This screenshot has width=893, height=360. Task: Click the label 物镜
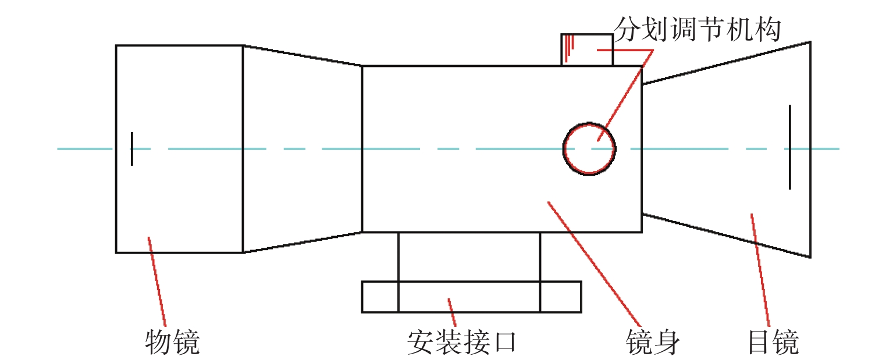coord(172,342)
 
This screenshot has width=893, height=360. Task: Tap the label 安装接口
coord(462,342)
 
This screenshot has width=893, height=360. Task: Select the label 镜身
coord(653,342)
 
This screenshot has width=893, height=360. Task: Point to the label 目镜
coord(773,342)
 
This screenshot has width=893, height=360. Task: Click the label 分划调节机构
coord(698,30)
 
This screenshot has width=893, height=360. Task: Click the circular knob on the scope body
coord(589,149)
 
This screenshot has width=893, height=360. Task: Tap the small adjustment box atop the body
coord(587,50)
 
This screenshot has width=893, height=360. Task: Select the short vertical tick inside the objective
coord(132,149)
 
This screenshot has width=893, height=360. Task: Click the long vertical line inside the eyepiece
coord(790,147)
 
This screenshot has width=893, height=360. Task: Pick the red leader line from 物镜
coord(156,282)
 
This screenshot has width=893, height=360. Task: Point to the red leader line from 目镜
coord(760,270)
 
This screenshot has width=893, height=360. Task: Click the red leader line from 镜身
coord(594,264)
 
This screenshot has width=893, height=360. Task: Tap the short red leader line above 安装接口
coord(451,312)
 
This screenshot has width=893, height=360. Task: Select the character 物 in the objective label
coord(158,342)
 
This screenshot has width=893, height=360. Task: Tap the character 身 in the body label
coord(667,342)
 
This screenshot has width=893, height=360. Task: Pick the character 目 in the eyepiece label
coord(759,342)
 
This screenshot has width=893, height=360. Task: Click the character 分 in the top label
coord(627,30)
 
